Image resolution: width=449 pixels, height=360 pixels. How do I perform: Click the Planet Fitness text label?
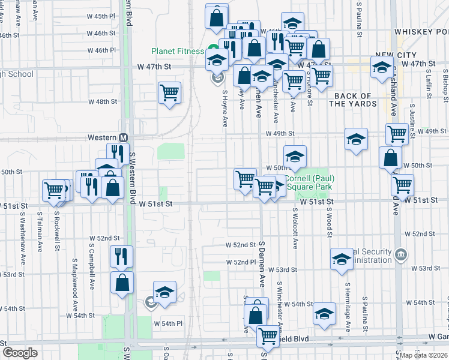click(x=178, y=52)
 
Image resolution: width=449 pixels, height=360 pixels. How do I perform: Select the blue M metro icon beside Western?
click(x=122, y=137)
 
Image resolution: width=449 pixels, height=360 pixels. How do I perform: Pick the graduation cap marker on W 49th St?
click(x=356, y=139)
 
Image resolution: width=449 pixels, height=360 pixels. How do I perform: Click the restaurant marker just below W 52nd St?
click(x=121, y=256)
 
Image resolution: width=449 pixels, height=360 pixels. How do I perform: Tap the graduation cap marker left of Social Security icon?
click(x=342, y=259)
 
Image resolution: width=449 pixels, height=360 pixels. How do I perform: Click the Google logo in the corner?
click(x=20, y=353)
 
